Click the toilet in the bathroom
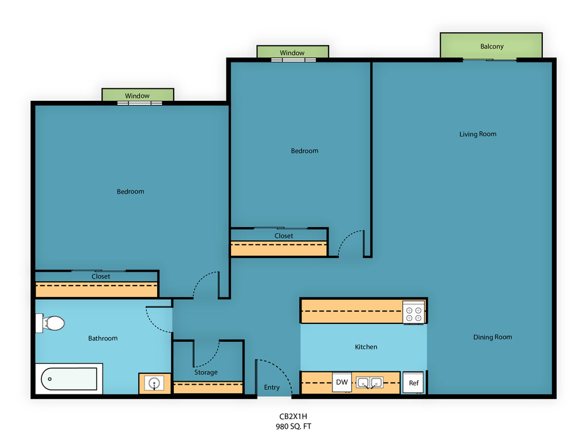pos(50,323)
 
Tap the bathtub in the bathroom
pos(69,378)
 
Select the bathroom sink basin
pos(154,384)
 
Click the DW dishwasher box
pos(342,382)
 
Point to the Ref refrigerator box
pos(413,382)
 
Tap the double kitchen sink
pos(369,383)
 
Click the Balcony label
pos(492,46)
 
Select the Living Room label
pos(478,134)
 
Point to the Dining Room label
pos(492,337)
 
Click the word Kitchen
pos(366,347)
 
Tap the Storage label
pos(206,373)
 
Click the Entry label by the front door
pos(272,388)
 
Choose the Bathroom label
pos(103,338)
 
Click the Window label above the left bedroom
pos(138,96)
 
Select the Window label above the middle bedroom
pos(292,53)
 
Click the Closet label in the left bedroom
pos(101,276)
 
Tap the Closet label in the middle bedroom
pos(284,236)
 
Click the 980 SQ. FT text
pos(293,427)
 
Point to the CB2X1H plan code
pos(293,416)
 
